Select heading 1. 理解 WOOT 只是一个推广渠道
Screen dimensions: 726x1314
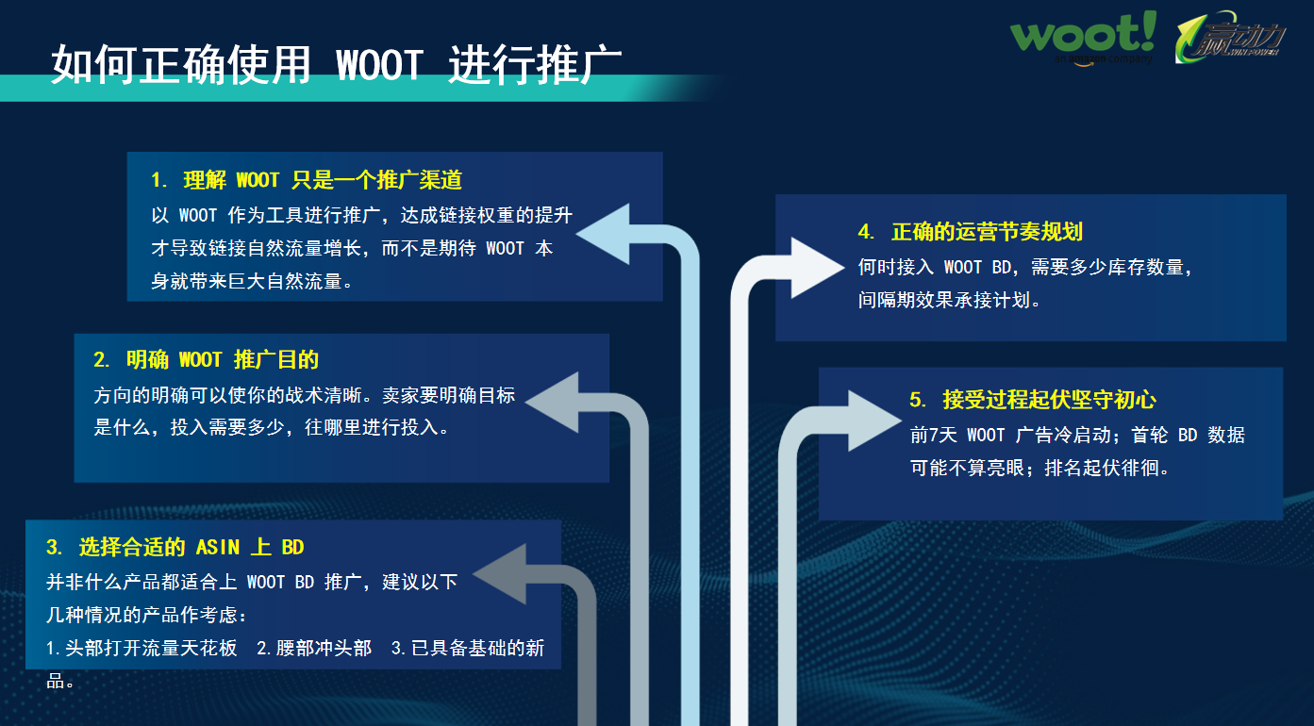307,180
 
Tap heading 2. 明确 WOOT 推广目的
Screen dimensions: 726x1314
206,359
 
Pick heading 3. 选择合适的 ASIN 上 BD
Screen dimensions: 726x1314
175,547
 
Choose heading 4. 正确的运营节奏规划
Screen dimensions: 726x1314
970,232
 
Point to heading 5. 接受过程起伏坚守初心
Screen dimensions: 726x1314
1033,400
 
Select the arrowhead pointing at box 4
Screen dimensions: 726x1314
817,267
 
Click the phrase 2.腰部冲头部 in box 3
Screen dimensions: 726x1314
314,649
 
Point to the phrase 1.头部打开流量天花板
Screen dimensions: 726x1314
142,649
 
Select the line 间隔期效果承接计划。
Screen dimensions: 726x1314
950,302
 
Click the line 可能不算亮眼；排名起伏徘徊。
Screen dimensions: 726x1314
1040,468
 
